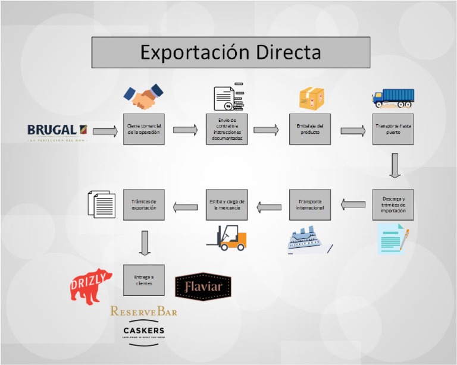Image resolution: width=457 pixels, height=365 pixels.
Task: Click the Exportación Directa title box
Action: coord(230,52)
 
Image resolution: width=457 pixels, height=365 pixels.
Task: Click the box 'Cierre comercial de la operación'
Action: coord(143,129)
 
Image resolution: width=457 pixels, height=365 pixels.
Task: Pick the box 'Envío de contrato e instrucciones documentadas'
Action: coord(227,129)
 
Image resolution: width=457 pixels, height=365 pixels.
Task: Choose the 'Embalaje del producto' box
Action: coord(309,129)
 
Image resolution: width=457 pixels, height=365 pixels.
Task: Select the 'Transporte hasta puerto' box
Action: coord(393,129)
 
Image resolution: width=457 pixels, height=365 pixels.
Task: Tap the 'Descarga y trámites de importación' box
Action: coord(393,204)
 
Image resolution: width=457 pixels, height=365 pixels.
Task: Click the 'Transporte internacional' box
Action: coord(309,204)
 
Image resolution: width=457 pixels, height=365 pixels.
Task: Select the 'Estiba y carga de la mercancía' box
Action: coord(227,204)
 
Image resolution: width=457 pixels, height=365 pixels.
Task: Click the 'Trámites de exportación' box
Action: coord(143,204)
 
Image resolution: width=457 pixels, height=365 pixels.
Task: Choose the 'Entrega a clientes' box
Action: coord(143,280)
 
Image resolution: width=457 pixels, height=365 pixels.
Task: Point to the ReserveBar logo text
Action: coord(143,311)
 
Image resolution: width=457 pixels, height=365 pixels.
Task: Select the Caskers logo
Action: coord(143,332)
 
